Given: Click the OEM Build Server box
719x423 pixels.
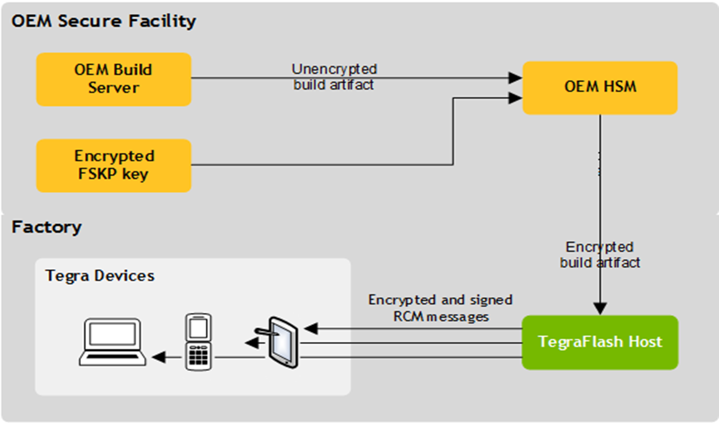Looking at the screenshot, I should point(114,79).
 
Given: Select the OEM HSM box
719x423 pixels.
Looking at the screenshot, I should point(600,87).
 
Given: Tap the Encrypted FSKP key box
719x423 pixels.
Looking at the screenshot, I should point(114,165).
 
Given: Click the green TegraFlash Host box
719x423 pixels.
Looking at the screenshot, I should point(600,342).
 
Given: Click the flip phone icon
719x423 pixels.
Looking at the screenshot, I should point(198,342).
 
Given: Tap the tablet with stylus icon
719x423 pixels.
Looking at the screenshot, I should point(282,342).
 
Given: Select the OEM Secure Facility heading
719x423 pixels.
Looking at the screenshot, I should point(103,21).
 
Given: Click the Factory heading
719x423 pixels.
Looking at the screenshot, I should point(46,227).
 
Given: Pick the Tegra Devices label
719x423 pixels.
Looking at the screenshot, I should point(100,276).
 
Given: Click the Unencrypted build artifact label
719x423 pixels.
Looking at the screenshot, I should point(334,77).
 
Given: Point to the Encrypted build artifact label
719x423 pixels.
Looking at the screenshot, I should point(600,255).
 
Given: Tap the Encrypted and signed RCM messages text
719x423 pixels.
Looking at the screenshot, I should point(440,308).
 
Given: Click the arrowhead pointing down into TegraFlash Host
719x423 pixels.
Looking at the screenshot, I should point(600,308).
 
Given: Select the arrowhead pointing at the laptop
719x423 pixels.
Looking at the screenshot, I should point(158,357).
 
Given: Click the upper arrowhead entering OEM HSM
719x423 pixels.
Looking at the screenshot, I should point(515,78).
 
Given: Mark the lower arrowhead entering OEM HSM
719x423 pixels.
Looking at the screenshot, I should point(515,98).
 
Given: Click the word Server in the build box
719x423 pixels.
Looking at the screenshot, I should point(114,88).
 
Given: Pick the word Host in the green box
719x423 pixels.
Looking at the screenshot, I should point(645,342).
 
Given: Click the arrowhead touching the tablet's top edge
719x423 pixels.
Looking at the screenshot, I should point(310,329).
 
